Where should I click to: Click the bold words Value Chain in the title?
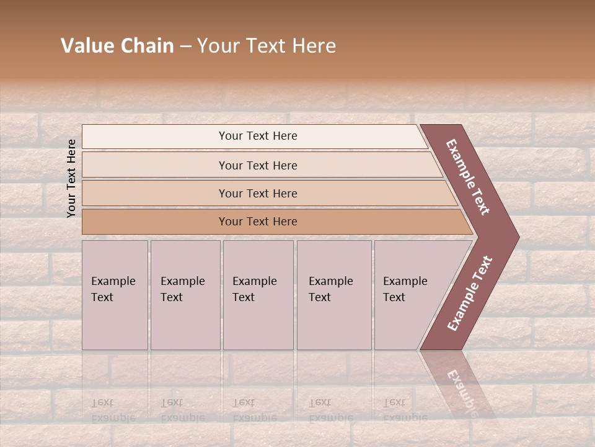click(x=117, y=46)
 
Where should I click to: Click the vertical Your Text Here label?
click(x=71, y=178)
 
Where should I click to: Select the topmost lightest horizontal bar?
click(x=155, y=137)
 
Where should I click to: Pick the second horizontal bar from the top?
click(x=155, y=165)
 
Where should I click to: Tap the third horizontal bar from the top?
click(x=155, y=193)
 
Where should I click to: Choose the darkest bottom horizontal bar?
click(x=155, y=222)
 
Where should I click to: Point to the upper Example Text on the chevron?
click(x=469, y=177)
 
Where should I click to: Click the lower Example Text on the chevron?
click(x=470, y=294)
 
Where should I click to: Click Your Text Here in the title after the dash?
click(x=267, y=46)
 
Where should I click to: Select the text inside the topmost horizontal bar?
click(x=258, y=136)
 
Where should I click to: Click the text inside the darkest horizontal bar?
click(x=258, y=222)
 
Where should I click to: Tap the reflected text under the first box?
click(x=113, y=410)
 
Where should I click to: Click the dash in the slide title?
click(x=185, y=47)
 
